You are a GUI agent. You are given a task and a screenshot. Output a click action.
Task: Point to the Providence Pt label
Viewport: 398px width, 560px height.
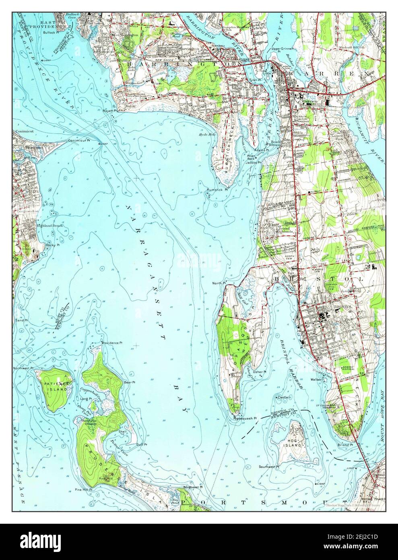111,342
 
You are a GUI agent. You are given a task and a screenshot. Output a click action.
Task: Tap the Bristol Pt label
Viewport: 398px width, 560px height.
345,444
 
